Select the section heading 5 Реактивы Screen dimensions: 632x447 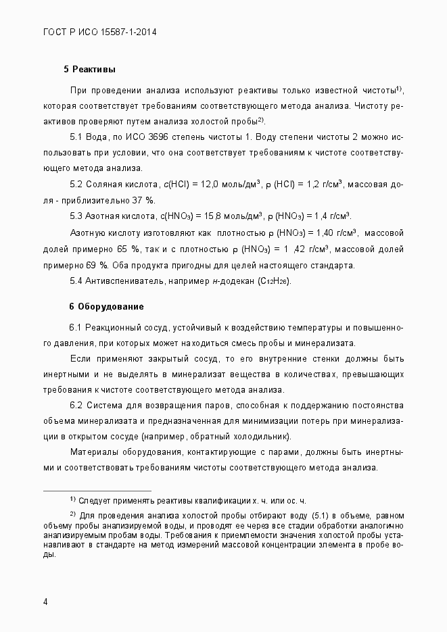89,69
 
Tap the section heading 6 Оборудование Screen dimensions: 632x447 105,306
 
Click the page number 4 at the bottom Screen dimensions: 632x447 45,601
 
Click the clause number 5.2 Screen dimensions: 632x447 76,184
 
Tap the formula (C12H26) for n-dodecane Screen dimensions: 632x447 275,281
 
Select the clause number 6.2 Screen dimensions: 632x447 76,405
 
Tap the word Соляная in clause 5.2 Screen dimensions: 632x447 105,184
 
